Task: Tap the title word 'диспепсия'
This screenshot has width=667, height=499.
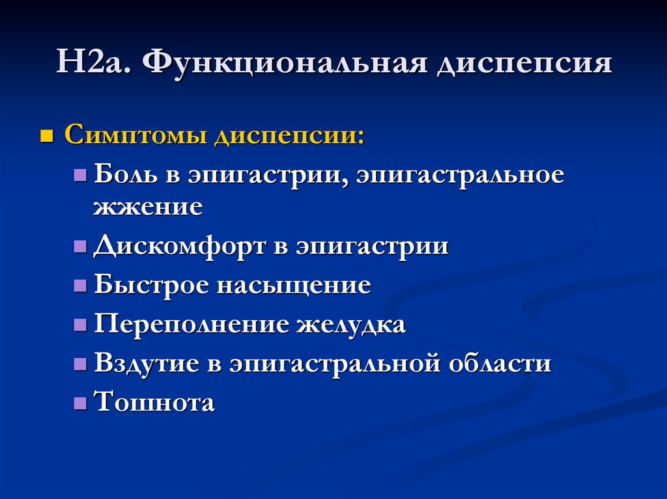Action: [525, 64]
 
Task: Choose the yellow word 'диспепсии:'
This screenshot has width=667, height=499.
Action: [289, 137]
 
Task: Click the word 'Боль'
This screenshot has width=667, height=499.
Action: [125, 174]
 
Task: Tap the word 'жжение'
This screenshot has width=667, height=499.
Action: [148, 207]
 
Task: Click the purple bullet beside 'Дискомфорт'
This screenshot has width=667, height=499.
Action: [80, 247]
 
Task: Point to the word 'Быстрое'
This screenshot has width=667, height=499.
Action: [151, 284]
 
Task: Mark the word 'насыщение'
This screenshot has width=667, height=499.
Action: [294, 286]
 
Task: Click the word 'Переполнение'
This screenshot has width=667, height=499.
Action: [191, 324]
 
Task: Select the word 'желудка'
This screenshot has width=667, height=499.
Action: [351, 325]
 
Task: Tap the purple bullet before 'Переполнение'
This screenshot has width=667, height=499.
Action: [80, 325]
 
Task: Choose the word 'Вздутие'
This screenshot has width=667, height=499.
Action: [147, 364]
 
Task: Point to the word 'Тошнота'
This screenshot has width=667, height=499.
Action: [154, 402]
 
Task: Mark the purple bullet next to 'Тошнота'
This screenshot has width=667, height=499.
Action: [80, 403]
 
